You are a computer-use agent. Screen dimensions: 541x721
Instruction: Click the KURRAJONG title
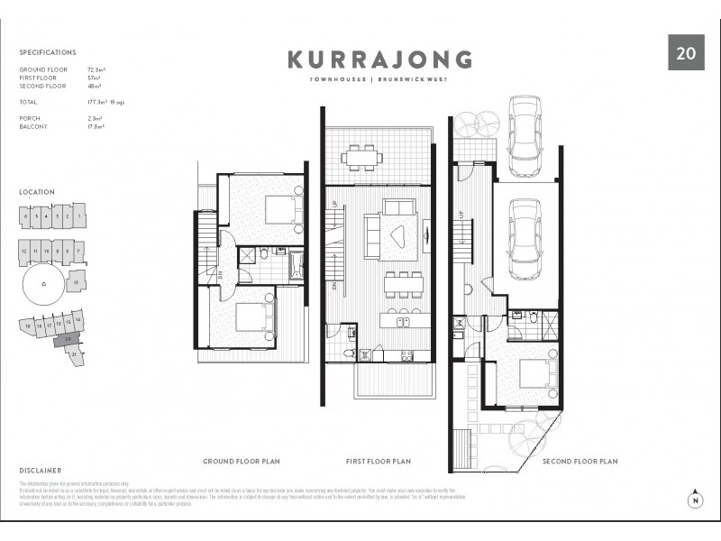tap(379, 60)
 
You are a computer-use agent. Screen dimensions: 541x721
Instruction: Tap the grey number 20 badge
tap(685, 52)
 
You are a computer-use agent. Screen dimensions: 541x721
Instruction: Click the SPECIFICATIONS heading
tap(48, 53)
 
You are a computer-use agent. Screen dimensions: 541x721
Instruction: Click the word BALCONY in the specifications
tap(34, 127)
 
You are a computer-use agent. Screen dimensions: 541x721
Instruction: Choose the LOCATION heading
tap(37, 192)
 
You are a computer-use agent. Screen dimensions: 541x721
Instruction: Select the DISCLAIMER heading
tap(41, 470)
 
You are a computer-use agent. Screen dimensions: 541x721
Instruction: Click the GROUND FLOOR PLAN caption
tap(242, 461)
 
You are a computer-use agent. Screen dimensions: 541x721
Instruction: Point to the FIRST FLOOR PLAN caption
tap(379, 461)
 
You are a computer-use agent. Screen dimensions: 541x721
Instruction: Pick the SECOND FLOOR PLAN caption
tap(580, 461)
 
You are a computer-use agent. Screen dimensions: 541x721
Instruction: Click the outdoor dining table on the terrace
tap(361, 159)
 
